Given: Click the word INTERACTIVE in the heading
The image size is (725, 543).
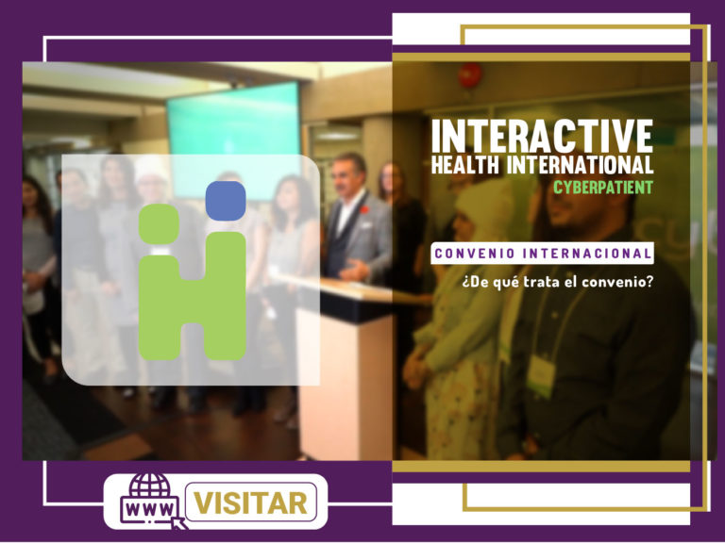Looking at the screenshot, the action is coord(543,136).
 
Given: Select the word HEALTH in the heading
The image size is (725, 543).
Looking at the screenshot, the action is coord(465,165).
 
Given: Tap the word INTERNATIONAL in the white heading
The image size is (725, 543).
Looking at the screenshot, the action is coord(581,165).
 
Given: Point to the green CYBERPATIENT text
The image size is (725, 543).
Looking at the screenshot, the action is coord(603,188).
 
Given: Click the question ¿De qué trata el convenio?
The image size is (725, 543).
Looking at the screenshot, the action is coord(558,281).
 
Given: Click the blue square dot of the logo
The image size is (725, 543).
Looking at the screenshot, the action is coord(226,201).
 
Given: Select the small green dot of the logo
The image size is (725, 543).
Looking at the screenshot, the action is coord(159,224).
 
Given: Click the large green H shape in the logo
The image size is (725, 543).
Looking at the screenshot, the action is coord(193,296).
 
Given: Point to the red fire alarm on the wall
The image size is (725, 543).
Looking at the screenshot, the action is coord(470,75).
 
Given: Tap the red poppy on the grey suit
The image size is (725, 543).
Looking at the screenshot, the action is coord(364,210).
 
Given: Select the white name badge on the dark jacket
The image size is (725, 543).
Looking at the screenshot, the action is coord(542,374).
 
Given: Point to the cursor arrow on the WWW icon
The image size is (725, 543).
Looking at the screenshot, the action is coord(179,522).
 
